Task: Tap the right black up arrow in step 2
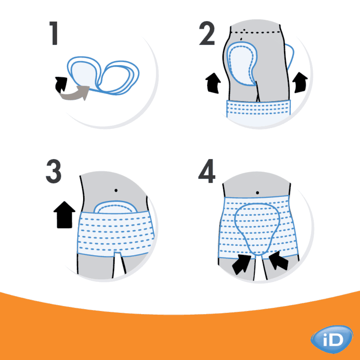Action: point(300,81)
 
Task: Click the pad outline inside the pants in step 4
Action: point(257,227)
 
